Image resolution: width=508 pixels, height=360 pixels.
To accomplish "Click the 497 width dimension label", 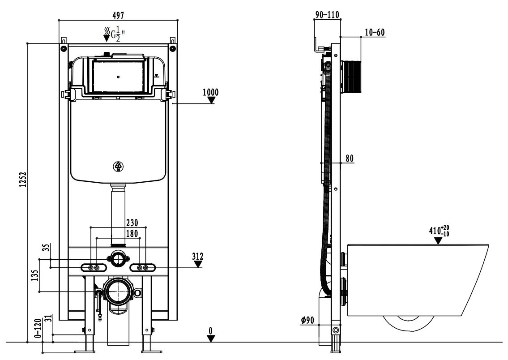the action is [118, 15].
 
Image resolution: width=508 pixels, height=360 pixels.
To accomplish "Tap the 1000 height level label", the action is [211, 92].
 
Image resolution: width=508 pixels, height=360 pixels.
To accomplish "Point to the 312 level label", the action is [198, 257].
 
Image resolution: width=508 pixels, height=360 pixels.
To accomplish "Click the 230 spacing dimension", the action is [132, 223].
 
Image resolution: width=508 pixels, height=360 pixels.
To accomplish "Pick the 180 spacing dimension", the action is [132, 233].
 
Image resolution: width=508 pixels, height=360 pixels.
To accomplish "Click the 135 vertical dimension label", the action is [35, 275].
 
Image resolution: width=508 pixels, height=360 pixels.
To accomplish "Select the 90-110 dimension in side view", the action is [327, 15].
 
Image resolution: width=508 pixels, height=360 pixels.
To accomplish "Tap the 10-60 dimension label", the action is [375, 32].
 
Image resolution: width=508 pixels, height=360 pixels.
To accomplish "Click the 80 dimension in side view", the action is [350, 159].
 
